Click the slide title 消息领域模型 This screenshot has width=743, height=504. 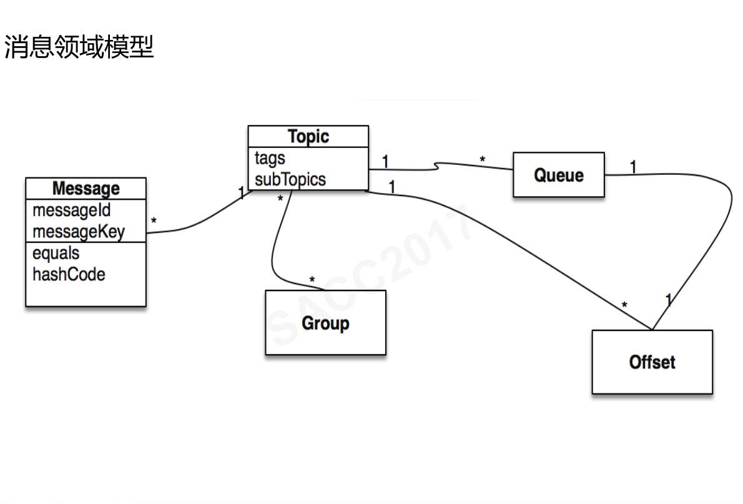[x=79, y=47]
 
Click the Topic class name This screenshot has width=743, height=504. [x=308, y=137]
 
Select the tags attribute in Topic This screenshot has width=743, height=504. [x=270, y=159]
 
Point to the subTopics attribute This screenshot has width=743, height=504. [x=290, y=179]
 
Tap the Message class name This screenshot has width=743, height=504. [x=86, y=188]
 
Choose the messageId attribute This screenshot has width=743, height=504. [x=71, y=210]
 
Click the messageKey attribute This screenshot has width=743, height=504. [x=79, y=232]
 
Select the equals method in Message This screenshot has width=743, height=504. [x=56, y=253]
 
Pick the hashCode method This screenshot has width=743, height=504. [x=69, y=274]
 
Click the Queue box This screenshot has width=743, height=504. [x=559, y=175]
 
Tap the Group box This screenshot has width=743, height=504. [x=325, y=323]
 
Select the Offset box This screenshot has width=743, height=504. [x=652, y=362]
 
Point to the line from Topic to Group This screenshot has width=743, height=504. [x=275, y=250]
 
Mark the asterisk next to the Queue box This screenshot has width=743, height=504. [x=482, y=161]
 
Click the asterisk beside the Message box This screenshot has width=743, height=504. [x=154, y=221]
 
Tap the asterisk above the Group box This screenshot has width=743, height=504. [x=312, y=280]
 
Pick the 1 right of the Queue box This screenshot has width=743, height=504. [x=633, y=167]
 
